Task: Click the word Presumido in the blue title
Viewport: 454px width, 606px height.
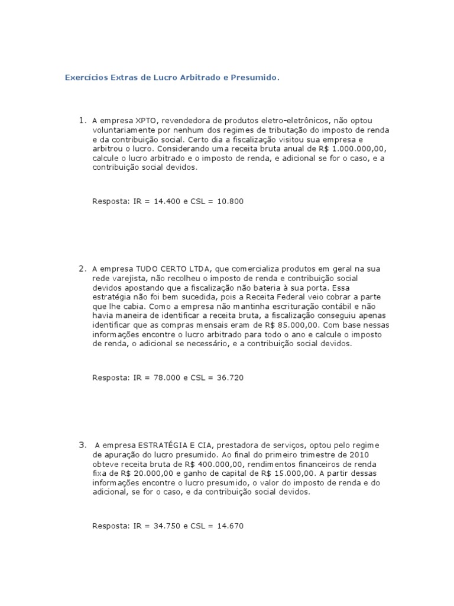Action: [255, 78]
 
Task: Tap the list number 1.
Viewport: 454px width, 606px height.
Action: [83, 121]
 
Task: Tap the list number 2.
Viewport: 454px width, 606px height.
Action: [83, 269]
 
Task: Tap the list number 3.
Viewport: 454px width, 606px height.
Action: [83, 444]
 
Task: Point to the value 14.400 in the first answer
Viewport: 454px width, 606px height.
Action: [165, 201]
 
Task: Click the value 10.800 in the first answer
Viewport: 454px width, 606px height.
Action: [231, 201]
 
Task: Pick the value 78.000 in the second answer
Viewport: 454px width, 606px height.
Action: [165, 377]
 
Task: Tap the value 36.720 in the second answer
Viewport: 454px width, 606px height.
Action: [231, 377]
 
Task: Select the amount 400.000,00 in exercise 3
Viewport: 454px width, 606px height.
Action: [212, 464]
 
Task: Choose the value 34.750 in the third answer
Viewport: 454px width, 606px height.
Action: [165, 526]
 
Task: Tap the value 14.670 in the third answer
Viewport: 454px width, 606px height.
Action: [231, 526]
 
